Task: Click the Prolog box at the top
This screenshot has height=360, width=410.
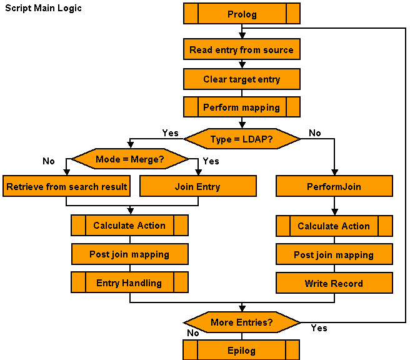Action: point(241,14)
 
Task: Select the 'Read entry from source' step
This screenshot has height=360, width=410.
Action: point(241,49)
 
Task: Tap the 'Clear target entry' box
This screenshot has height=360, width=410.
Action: point(241,79)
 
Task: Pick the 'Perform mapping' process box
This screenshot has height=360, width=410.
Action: point(241,107)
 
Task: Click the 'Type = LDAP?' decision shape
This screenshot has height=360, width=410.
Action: point(241,139)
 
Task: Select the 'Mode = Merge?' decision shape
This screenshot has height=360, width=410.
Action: point(129,159)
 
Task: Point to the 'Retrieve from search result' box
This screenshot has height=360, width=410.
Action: point(67,186)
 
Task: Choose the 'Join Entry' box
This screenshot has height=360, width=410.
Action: point(197,186)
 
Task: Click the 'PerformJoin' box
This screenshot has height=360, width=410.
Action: point(334,186)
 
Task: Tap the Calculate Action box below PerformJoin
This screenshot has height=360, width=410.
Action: point(334,226)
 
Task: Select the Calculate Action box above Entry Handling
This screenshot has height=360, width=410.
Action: point(129,226)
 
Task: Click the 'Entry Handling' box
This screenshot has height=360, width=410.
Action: point(129,282)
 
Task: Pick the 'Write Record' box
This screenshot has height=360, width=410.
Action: point(334,283)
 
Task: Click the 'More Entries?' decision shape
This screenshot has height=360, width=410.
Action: point(241,322)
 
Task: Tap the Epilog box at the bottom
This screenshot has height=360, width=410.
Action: point(241,350)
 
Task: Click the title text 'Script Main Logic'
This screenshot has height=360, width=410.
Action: point(43,9)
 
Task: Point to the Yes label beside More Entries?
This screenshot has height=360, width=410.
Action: point(319,328)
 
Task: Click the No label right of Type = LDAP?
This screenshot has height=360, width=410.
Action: point(315,133)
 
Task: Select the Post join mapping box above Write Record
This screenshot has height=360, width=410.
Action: point(334,255)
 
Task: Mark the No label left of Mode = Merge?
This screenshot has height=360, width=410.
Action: point(49,161)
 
